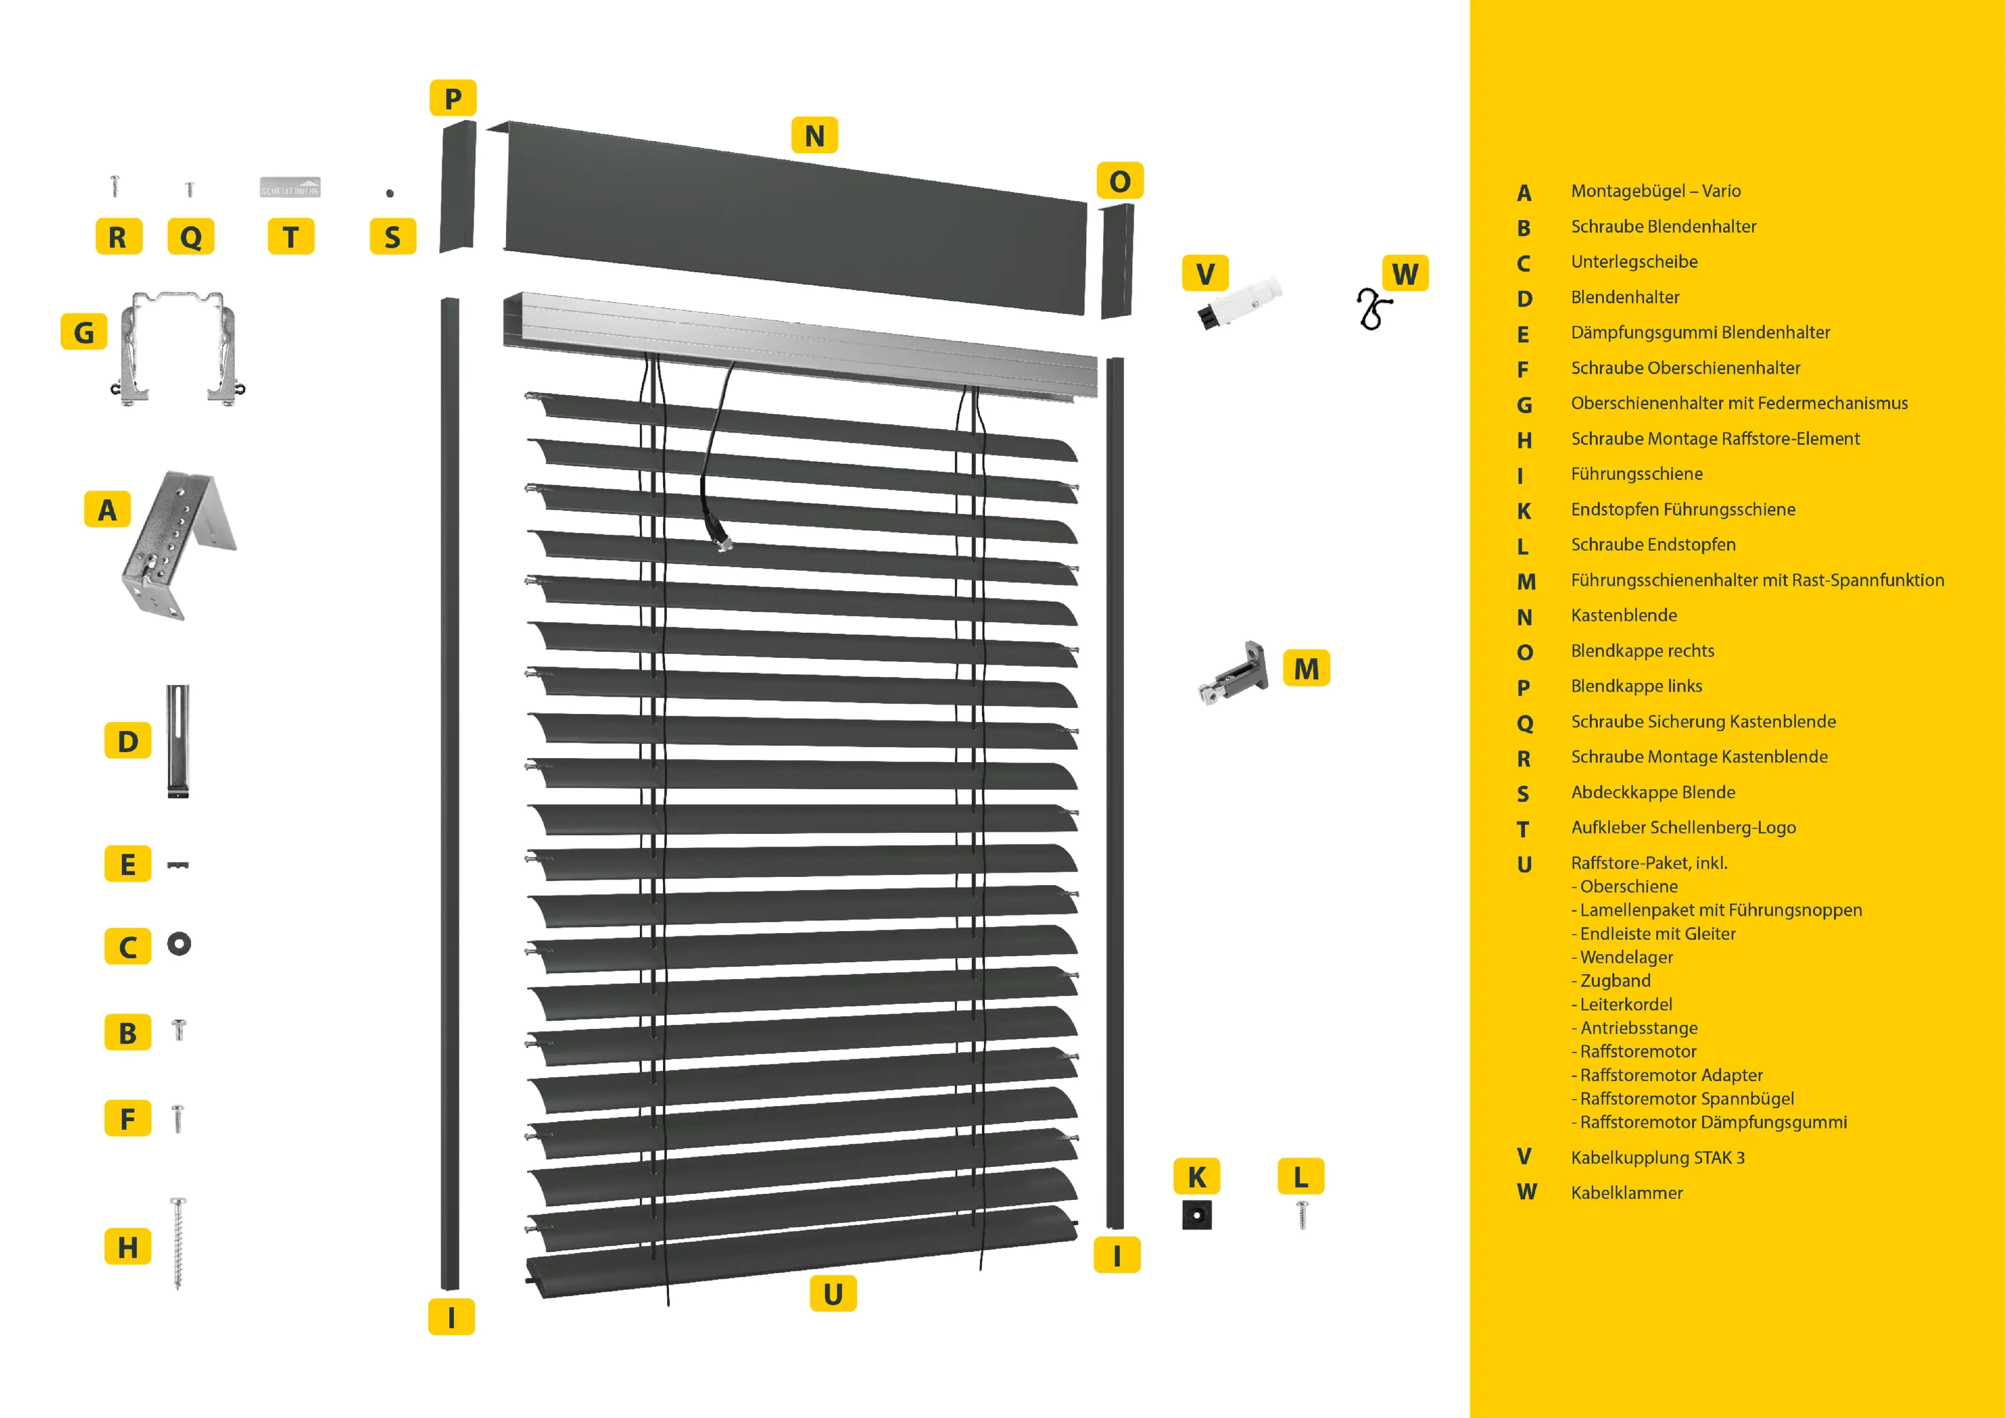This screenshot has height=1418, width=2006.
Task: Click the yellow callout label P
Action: click(452, 98)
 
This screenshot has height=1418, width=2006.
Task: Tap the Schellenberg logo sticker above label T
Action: click(290, 187)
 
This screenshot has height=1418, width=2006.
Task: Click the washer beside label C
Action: click(179, 944)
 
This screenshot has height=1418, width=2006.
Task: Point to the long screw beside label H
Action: click(178, 1243)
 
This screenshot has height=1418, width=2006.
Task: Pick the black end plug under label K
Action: click(1196, 1214)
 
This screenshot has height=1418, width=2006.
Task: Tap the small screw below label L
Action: click(1302, 1213)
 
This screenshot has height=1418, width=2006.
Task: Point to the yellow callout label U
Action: click(832, 1293)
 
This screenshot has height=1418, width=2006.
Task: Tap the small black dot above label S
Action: click(390, 193)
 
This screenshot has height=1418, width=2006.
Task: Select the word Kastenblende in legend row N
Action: click(1623, 615)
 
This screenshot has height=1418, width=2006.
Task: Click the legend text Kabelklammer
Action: click(1626, 1192)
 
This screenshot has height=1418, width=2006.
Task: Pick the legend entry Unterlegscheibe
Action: click(1634, 261)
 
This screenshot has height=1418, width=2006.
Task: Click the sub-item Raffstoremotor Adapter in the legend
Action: click(1670, 1075)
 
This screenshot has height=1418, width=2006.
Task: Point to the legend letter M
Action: click(1526, 581)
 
